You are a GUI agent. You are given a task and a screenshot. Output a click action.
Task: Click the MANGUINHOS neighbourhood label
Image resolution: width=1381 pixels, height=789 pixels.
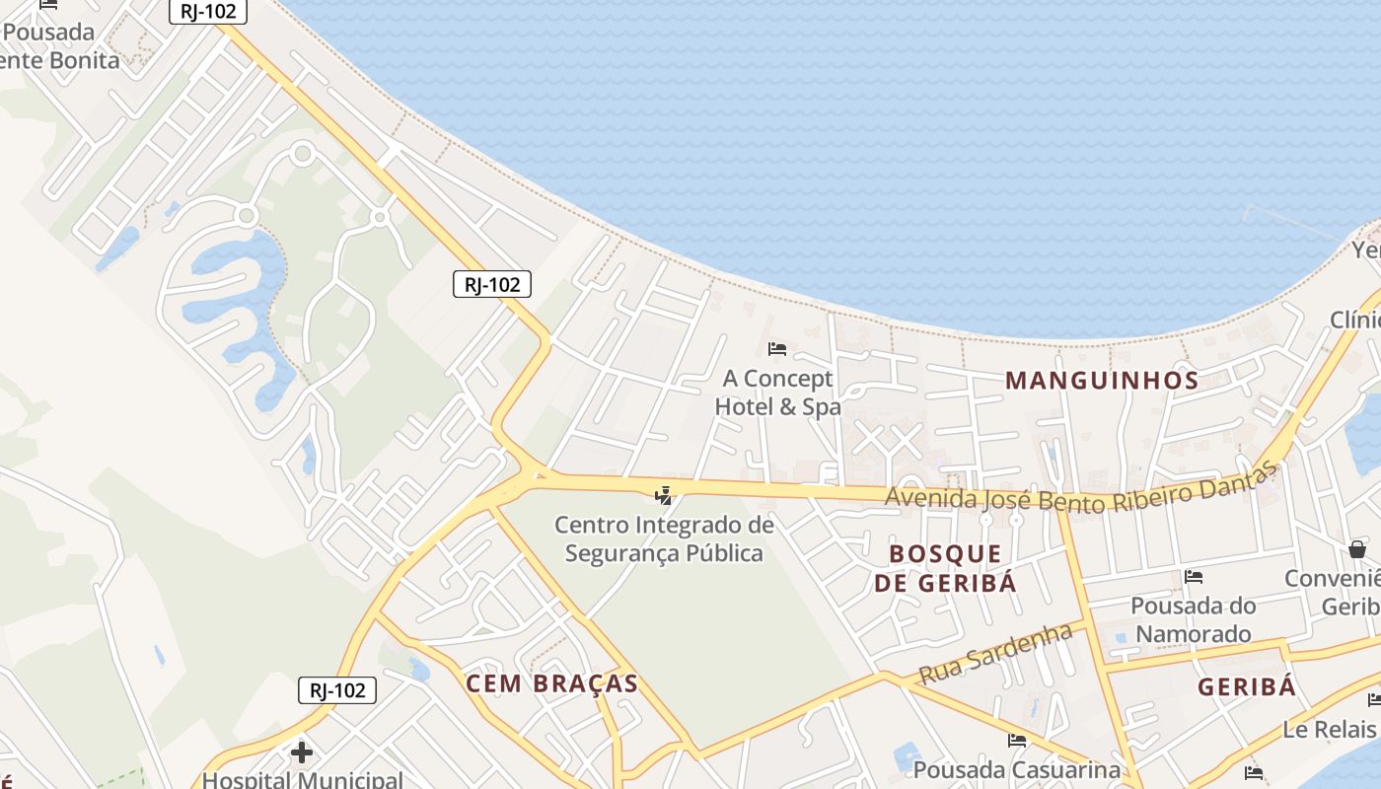tap(1102, 380)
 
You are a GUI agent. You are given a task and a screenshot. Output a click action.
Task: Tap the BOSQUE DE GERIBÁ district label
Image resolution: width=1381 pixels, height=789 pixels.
tap(945, 567)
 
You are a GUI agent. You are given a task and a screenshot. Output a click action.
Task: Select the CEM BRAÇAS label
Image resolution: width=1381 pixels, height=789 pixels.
tap(551, 683)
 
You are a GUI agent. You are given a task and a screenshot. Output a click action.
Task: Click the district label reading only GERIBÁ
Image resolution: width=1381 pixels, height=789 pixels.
tap(1247, 686)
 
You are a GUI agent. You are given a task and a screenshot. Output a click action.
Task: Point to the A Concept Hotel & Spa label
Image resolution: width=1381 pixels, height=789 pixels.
tap(777, 393)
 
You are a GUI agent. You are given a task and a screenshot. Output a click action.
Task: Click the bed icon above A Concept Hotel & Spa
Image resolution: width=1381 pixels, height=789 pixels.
tap(777, 349)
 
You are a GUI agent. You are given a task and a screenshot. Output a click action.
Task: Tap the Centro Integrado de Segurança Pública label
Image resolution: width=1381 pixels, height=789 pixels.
tap(664, 538)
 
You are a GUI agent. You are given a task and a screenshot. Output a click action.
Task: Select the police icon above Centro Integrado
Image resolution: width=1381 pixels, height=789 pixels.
tap(664, 494)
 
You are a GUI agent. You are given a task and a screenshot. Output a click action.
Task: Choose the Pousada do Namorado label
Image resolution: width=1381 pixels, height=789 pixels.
tap(1193, 619)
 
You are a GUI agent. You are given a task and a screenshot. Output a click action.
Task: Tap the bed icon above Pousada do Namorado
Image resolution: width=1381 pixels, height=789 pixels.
tap(1194, 576)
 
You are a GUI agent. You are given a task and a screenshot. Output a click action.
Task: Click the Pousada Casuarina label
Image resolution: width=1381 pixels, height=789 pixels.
tap(1017, 769)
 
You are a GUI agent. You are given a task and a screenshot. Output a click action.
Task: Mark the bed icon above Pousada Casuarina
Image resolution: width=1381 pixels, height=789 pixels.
tap(1017, 740)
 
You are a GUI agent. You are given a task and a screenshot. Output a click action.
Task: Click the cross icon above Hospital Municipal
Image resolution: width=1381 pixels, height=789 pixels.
tap(302, 753)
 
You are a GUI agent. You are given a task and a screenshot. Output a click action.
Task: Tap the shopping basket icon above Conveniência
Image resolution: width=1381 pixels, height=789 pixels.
tap(1357, 549)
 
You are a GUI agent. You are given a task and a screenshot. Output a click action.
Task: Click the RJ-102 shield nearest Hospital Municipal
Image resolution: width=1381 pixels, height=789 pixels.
tap(337, 689)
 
